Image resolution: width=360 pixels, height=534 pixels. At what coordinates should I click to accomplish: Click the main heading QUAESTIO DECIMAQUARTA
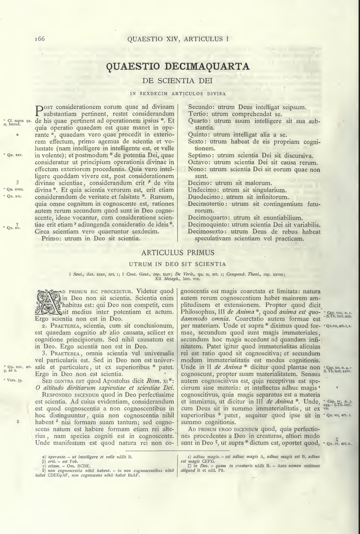pos(178,66)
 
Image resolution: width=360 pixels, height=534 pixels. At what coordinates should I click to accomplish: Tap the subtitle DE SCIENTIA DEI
pos(177,81)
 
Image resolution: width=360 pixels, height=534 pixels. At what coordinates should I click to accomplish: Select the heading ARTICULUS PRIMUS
pos(178,253)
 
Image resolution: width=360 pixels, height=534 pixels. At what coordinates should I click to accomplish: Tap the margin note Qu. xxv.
pos(12,155)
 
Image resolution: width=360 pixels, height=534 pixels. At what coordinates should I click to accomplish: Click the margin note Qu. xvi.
pos(13,196)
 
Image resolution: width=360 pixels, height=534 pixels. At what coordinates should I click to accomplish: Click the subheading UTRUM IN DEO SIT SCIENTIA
pos(178,264)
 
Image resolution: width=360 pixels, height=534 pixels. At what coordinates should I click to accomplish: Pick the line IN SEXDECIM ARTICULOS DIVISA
pos(178,94)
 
